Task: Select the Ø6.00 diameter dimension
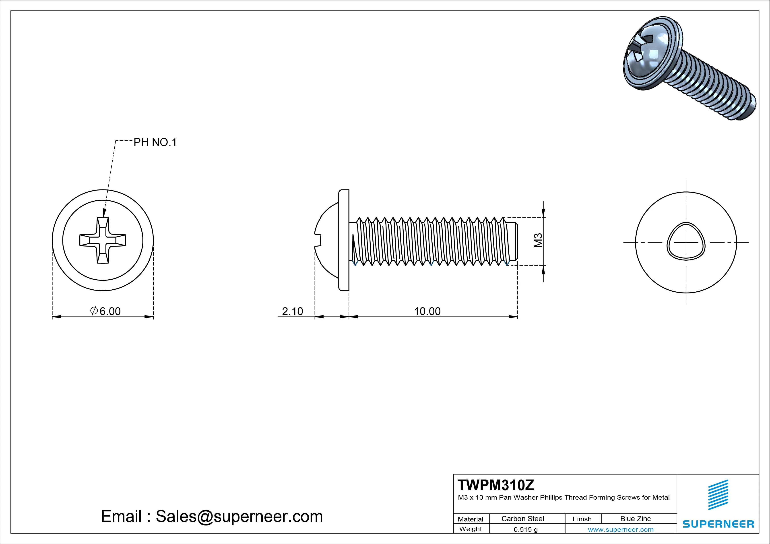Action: point(105,311)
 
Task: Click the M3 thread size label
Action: point(538,241)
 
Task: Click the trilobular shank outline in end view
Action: point(686,242)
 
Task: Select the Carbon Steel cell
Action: point(522,519)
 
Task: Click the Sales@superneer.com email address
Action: point(239,516)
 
